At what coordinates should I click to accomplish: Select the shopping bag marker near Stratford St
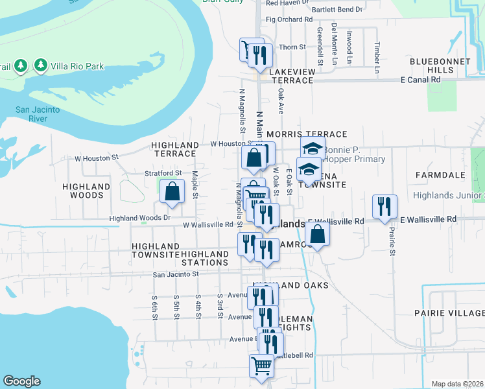[x=172, y=192]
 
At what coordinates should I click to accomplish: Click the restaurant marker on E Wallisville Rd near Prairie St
[x=385, y=206]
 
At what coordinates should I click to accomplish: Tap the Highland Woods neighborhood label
[x=86, y=191]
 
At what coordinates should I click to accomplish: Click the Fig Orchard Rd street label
[x=285, y=19]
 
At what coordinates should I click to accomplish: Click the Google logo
[x=21, y=381]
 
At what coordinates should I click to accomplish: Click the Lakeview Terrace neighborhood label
[x=285, y=75]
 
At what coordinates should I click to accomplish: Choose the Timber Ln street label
[x=377, y=53]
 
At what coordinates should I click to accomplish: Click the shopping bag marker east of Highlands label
[x=318, y=234]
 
